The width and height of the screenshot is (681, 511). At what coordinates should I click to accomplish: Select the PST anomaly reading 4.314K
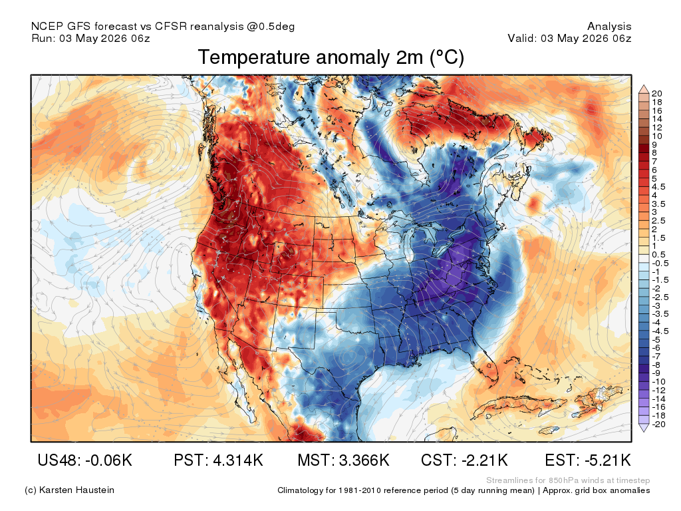coord(238,460)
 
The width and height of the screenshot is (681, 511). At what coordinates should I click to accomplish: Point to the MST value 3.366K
coord(364,460)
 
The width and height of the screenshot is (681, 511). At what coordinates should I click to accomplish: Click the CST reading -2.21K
coord(485,460)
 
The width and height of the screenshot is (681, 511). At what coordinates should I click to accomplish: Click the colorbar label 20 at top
coord(656,93)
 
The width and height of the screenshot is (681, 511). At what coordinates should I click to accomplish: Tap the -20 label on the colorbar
coord(658,424)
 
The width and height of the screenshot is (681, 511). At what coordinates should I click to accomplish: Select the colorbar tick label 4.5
coord(658,187)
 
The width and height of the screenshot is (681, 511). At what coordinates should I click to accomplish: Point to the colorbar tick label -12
coord(658,390)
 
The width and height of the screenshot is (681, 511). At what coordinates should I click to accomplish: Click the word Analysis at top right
coord(609,27)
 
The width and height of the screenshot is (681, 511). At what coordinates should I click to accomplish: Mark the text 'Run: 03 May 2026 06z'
coord(90,38)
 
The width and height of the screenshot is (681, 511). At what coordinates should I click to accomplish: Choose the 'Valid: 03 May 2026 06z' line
coord(569,38)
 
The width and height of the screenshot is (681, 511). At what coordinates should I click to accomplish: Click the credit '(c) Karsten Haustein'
coord(69,490)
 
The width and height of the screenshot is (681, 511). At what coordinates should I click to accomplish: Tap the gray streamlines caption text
coord(568,480)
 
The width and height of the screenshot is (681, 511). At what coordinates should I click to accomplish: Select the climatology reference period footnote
coord(464,490)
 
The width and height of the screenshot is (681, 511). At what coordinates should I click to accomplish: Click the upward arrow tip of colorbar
coord(644,86)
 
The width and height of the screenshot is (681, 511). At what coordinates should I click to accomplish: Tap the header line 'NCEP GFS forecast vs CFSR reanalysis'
coord(163,27)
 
